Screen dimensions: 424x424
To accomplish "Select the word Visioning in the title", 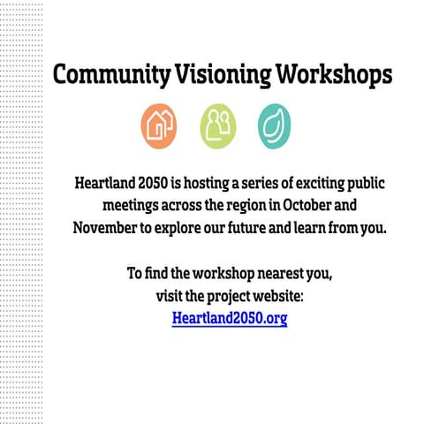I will point(216,75).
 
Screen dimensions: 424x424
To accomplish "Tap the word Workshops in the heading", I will point(330,75).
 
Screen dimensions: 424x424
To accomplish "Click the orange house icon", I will point(159,126).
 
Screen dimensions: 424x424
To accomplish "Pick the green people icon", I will point(217,126).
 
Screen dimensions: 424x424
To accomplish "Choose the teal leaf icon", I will point(275,126).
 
